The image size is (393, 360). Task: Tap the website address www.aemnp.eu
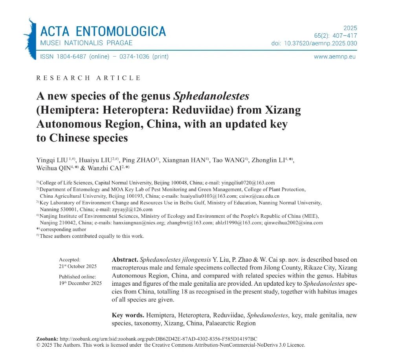pyautogui.click(x=335, y=57)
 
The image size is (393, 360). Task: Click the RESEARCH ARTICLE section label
pyautogui.click(x=88, y=78)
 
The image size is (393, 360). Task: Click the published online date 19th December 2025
pyautogui.click(x=80, y=283)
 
